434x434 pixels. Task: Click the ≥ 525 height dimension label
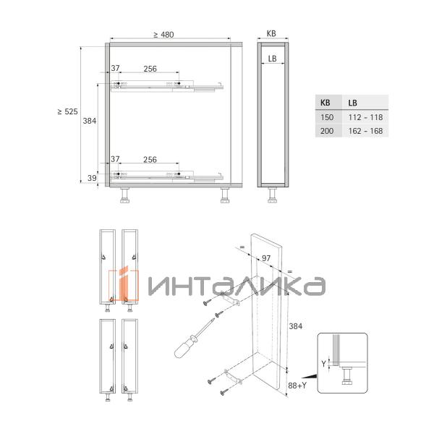pyautogui.click(x=67, y=111)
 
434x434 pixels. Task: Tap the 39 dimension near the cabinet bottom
pyautogui.click(x=92, y=177)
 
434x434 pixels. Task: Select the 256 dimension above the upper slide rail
pyautogui.click(x=150, y=69)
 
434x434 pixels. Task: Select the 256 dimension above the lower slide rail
pyautogui.click(x=150, y=159)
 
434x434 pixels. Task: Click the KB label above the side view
pyautogui.click(x=271, y=34)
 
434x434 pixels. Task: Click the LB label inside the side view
pyautogui.click(x=272, y=58)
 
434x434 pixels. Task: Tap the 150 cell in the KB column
pyautogui.click(x=327, y=116)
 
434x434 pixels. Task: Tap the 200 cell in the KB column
pyautogui.click(x=327, y=131)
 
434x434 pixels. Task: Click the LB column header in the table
pyautogui.click(x=354, y=103)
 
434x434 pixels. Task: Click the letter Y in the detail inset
pyautogui.click(x=325, y=364)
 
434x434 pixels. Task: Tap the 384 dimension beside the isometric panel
pyautogui.click(x=294, y=326)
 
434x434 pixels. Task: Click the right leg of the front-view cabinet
pyautogui.click(x=224, y=195)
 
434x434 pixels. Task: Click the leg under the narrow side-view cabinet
pyautogui.click(x=273, y=195)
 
